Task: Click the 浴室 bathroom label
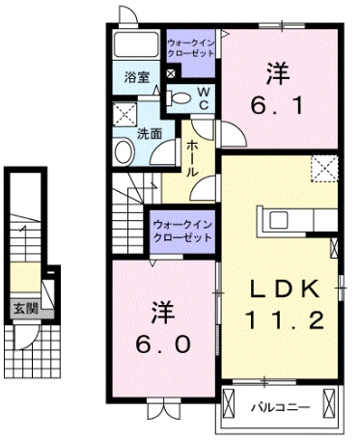click(x=136, y=77)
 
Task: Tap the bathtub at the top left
click(x=136, y=46)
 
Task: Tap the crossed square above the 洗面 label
click(x=125, y=112)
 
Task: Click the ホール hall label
click(x=193, y=156)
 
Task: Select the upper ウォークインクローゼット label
click(x=192, y=48)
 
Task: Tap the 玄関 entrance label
click(x=26, y=308)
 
